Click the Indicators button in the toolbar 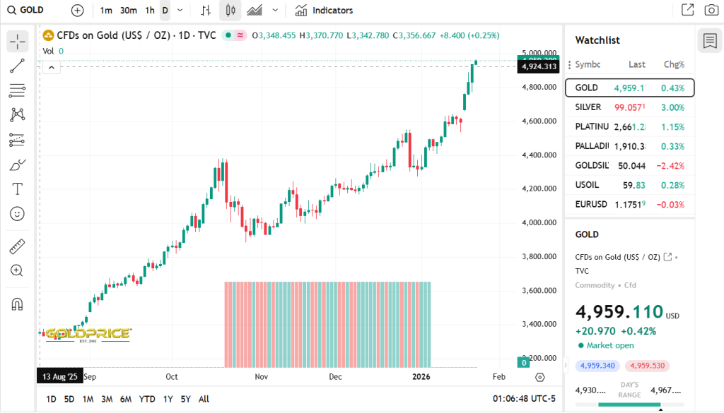coord(324,11)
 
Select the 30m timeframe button coord(128,11)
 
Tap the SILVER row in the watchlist coord(629,107)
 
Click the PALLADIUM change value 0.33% coord(672,146)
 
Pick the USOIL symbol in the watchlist coord(588,185)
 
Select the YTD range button coord(147,399)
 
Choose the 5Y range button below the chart coord(185,399)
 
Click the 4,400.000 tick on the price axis coord(539,155)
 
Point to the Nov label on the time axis coord(262,376)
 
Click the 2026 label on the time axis coord(422,376)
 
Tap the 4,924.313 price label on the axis coord(538,66)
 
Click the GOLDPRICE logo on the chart coord(88,333)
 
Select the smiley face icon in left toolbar coord(18,213)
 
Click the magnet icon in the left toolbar coord(18,304)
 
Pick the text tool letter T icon coord(18,188)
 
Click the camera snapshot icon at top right coord(711,10)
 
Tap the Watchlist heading coord(597,40)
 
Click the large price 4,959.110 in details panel coord(619,312)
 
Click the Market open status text coord(610,345)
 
